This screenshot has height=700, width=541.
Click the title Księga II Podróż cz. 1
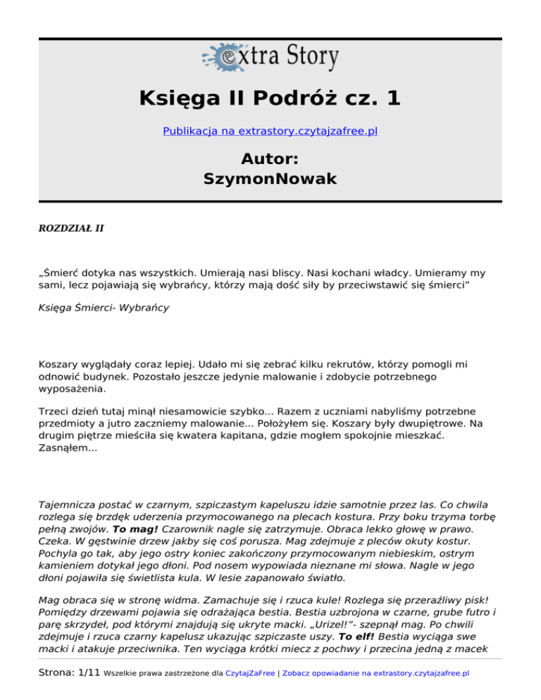(270, 97)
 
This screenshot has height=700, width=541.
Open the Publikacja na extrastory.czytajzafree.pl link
(270, 131)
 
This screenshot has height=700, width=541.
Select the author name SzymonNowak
(270, 180)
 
